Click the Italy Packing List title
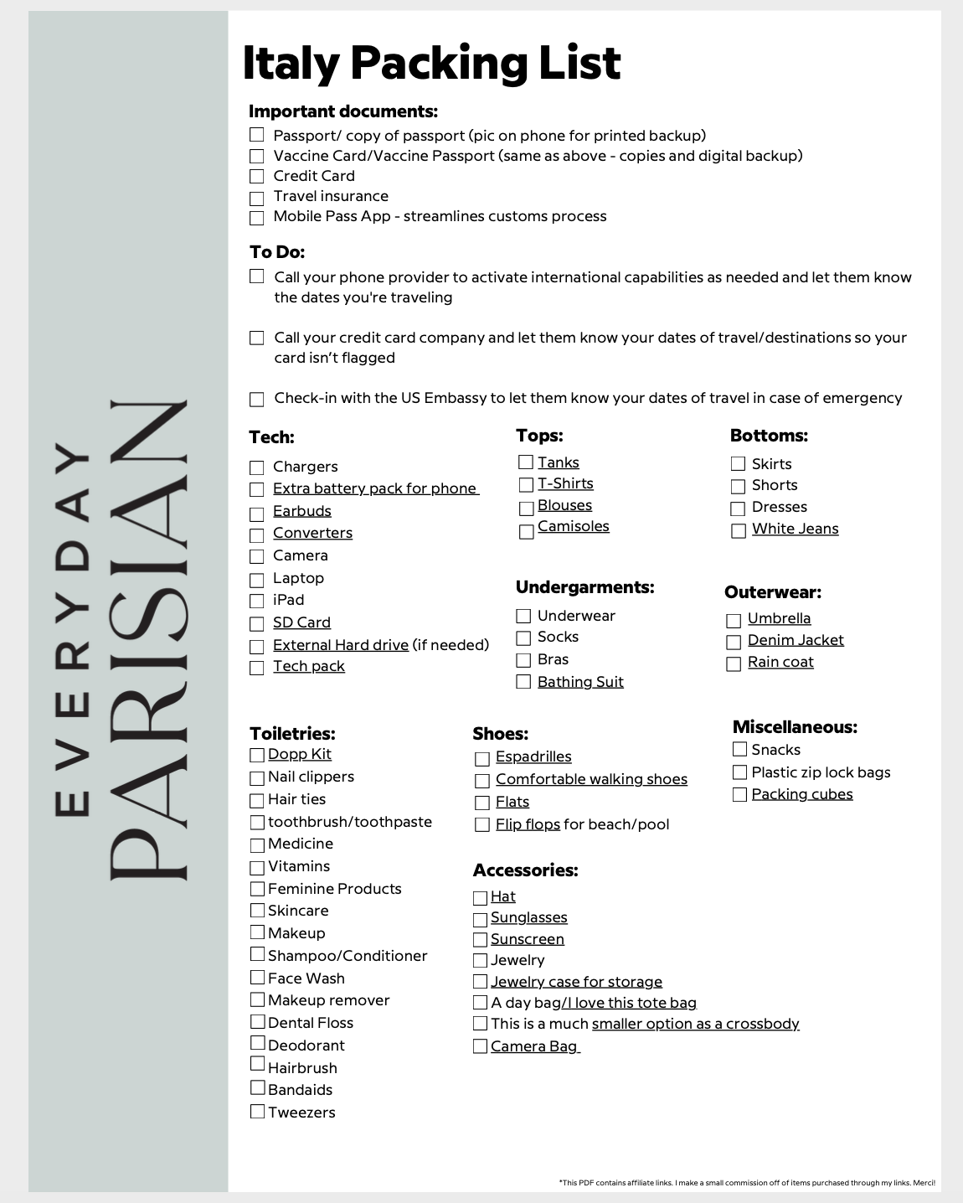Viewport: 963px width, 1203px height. pyautogui.click(x=431, y=63)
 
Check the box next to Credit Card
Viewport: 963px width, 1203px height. pyautogui.click(x=257, y=177)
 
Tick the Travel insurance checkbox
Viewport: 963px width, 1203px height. pyautogui.click(x=257, y=198)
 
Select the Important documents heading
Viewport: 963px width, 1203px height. pyautogui.click(x=342, y=111)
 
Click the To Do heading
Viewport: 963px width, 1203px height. pyautogui.click(x=277, y=252)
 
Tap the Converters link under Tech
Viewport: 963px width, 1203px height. pyautogui.click(x=312, y=533)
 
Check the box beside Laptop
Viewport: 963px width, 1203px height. pyautogui.click(x=257, y=580)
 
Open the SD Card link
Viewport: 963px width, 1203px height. pyautogui.click(x=301, y=622)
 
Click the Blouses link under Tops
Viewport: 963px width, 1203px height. pyautogui.click(x=564, y=505)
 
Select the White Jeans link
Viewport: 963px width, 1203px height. pyautogui.click(x=795, y=529)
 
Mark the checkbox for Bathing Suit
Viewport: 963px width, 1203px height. pyautogui.click(x=523, y=682)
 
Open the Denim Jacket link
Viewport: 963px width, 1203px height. pyautogui.click(x=796, y=640)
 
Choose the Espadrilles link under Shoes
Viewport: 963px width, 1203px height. pyautogui.click(x=533, y=756)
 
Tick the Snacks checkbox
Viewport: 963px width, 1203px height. pyautogui.click(x=739, y=750)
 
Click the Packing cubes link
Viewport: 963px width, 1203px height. pyautogui.click(x=801, y=794)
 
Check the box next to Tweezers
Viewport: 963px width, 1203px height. pyautogui.click(x=257, y=1112)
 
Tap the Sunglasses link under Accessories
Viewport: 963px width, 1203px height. pyautogui.click(x=528, y=917)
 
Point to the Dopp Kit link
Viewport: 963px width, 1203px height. pyautogui.click(x=299, y=754)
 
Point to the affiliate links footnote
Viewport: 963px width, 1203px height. pyautogui.click(x=747, y=1183)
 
